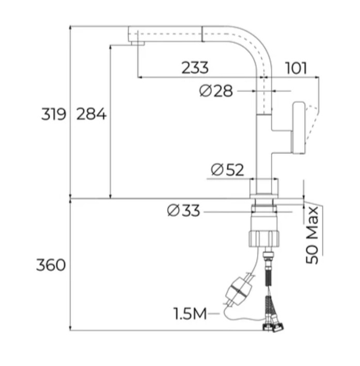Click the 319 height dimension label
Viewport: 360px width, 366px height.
click(54, 114)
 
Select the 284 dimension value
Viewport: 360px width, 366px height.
click(91, 114)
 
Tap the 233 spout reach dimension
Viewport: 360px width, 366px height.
click(195, 68)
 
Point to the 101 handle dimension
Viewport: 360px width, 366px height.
click(296, 68)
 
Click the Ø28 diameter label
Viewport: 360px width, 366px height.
click(216, 91)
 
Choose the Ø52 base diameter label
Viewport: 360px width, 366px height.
click(227, 170)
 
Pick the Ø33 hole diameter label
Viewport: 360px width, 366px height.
click(184, 210)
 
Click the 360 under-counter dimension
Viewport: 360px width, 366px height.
click(51, 265)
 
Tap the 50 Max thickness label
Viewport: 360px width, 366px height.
click(312, 235)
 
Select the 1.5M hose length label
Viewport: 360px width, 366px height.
click(190, 313)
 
